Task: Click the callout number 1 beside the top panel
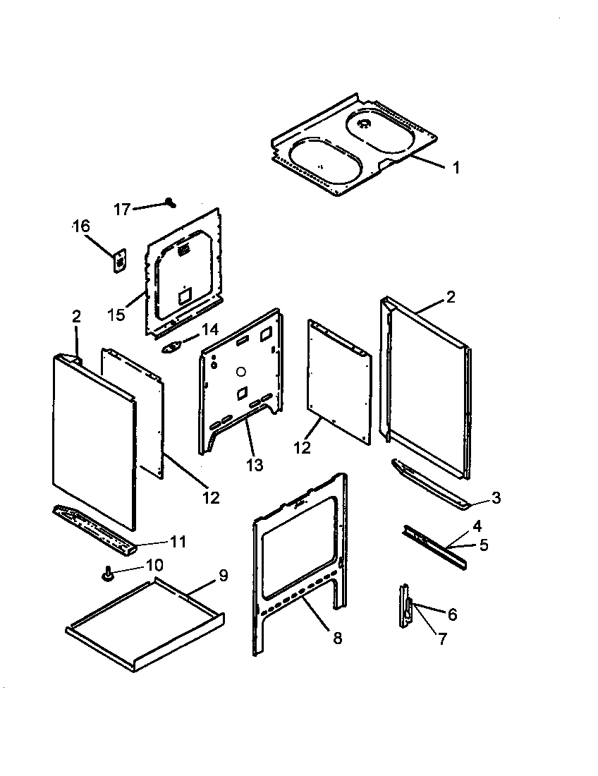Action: click(456, 168)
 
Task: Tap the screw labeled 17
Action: click(170, 202)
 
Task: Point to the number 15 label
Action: click(117, 315)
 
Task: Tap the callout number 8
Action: click(337, 638)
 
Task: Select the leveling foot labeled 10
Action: click(109, 576)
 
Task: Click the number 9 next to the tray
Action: click(223, 576)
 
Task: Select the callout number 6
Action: click(452, 614)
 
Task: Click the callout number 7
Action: click(442, 639)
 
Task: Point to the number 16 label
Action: click(81, 226)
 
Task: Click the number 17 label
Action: click(123, 210)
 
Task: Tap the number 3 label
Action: click(496, 498)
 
